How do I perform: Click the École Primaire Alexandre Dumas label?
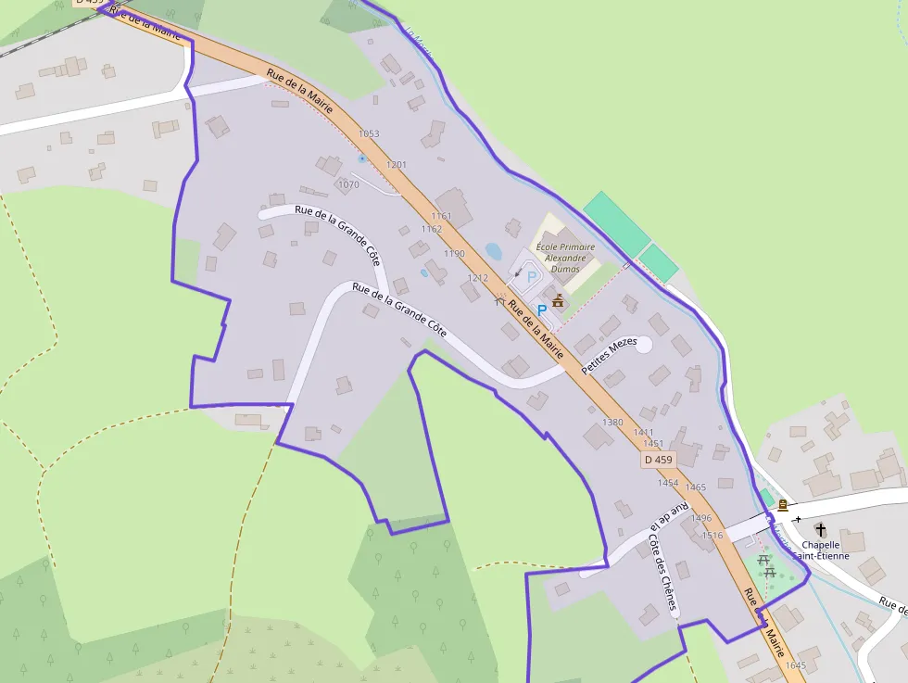pos(565,258)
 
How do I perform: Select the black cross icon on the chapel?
pos(820,530)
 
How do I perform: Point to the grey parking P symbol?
pos(532,276)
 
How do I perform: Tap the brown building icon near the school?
pos(558,300)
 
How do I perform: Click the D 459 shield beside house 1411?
pos(659,460)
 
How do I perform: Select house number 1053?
pos(369,134)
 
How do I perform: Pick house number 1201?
pos(397,165)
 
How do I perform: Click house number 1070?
pos(348,185)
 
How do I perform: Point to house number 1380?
pos(612,423)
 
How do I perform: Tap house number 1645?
pos(795,665)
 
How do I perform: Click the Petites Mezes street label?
pos(610,356)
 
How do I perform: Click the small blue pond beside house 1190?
pos(493,251)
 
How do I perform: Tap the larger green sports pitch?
pos(616,223)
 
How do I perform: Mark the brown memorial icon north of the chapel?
pos(783,505)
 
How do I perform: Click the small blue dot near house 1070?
pos(361,158)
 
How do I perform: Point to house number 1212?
pos(477,278)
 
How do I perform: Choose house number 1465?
pos(696,487)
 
